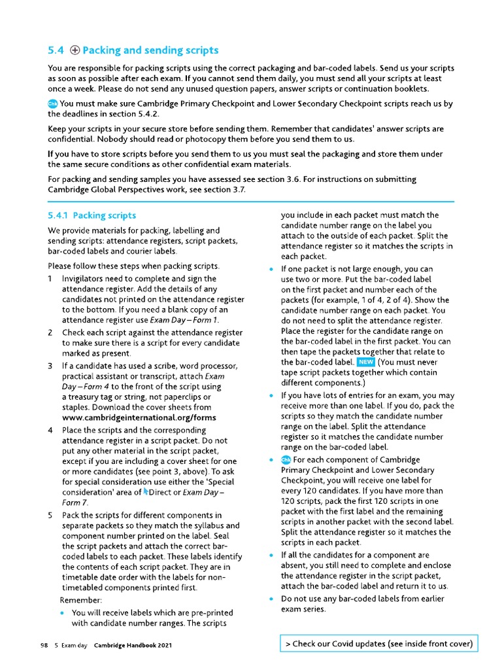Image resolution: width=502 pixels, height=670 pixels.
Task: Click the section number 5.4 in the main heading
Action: click(x=56, y=50)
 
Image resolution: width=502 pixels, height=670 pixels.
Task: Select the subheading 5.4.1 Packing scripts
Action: click(x=92, y=215)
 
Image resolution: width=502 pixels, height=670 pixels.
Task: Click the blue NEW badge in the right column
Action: click(x=365, y=362)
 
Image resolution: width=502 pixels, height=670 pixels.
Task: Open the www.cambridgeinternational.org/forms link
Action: click(x=139, y=417)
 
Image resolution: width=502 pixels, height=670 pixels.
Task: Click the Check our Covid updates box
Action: click(x=378, y=644)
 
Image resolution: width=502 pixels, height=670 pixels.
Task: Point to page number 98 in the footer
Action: click(x=44, y=645)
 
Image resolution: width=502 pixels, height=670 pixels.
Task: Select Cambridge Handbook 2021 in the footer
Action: click(x=134, y=645)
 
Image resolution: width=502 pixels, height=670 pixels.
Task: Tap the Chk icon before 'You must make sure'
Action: click(x=53, y=104)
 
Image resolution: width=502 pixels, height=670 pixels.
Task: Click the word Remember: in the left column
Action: click(x=81, y=600)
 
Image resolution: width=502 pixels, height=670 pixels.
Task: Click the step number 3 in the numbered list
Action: click(x=50, y=365)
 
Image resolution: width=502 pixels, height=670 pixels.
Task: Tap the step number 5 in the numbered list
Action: click(x=50, y=515)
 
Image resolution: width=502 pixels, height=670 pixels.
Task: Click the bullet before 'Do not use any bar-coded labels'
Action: click(x=271, y=599)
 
